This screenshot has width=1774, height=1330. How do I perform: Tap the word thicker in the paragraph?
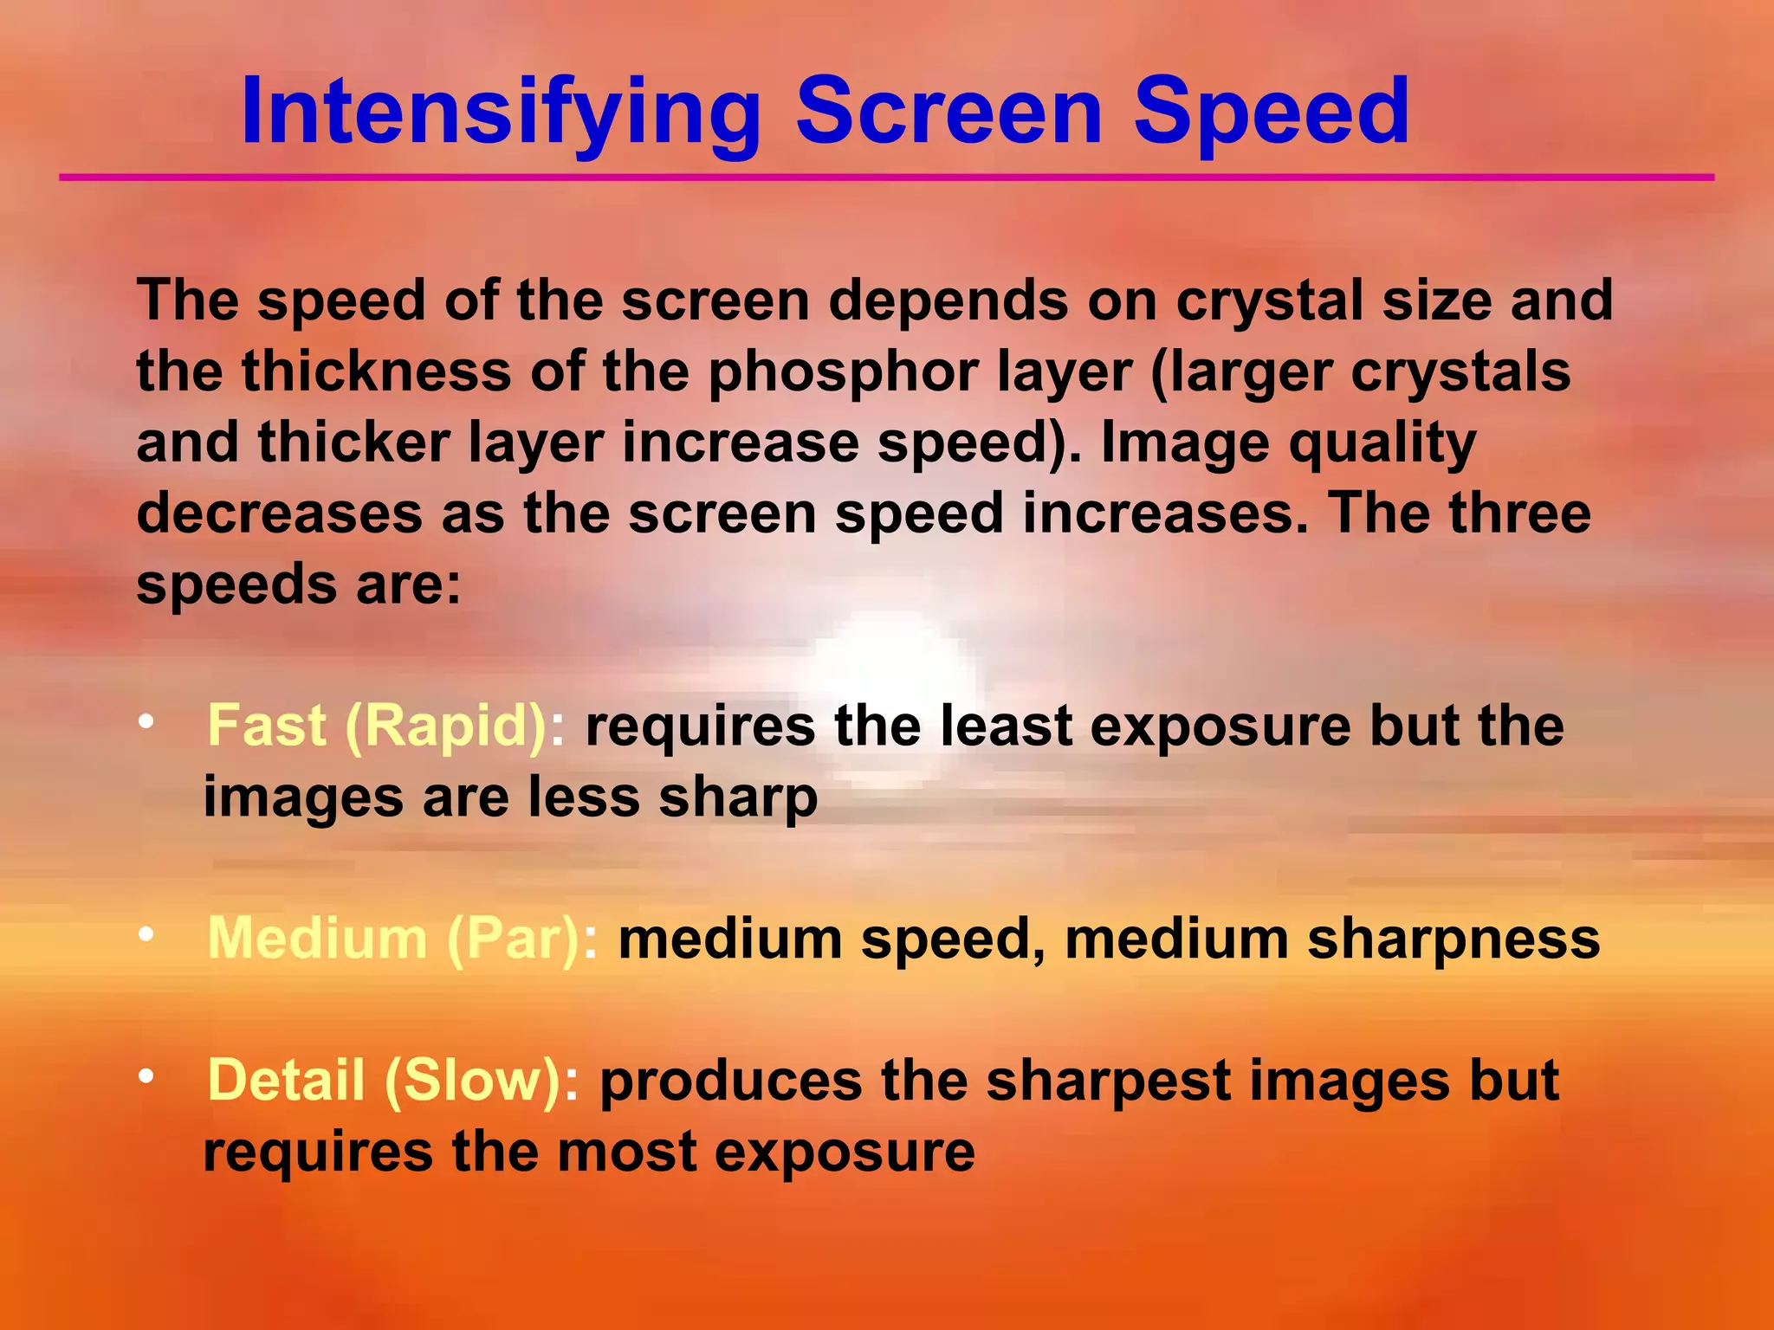(354, 442)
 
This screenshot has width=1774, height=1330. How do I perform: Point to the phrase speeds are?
(299, 585)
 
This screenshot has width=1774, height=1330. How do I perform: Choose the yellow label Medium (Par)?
(402, 939)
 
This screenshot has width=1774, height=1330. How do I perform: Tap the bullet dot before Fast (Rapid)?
(146, 721)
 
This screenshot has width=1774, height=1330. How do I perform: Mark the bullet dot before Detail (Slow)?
(146, 1076)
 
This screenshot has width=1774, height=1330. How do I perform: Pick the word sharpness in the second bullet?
(1453, 939)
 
